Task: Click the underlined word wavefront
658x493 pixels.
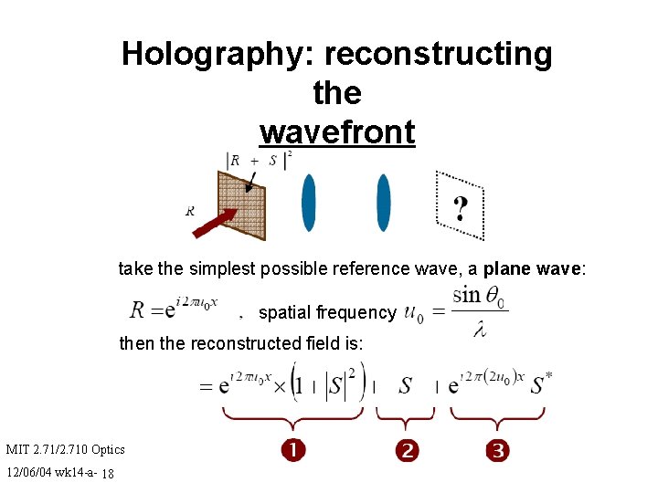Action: pos(337,132)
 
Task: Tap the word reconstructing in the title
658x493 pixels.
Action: pos(438,55)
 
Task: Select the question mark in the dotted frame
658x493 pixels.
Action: pos(461,209)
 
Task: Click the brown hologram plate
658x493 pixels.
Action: pos(240,205)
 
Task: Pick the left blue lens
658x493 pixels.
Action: pos(309,203)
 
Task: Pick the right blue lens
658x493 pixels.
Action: pos(384,203)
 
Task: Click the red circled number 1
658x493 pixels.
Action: pos(292,449)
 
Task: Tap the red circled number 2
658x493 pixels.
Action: pos(407,449)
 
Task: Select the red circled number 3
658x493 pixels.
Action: pos(498,449)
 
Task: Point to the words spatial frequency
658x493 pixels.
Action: pos(327,312)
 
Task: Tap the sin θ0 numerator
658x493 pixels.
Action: pos(480,294)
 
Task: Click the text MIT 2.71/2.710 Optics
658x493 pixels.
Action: pos(66,448)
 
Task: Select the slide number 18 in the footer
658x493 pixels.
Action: pos(108,473)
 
